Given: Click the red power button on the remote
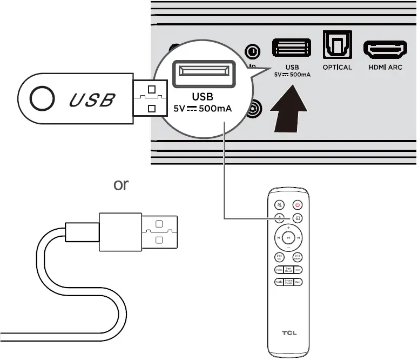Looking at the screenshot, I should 298,205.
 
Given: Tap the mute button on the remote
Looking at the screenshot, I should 279,205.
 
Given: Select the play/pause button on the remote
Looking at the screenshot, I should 288,237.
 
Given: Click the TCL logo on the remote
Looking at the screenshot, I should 288,332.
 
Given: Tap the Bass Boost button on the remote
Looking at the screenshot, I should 288,269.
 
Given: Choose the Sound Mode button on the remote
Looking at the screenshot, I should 288,282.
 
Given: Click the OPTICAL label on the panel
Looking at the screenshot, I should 337,67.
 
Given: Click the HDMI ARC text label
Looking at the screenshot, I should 385,67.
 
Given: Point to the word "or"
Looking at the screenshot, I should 120,184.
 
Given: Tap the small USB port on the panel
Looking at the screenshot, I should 292,48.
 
